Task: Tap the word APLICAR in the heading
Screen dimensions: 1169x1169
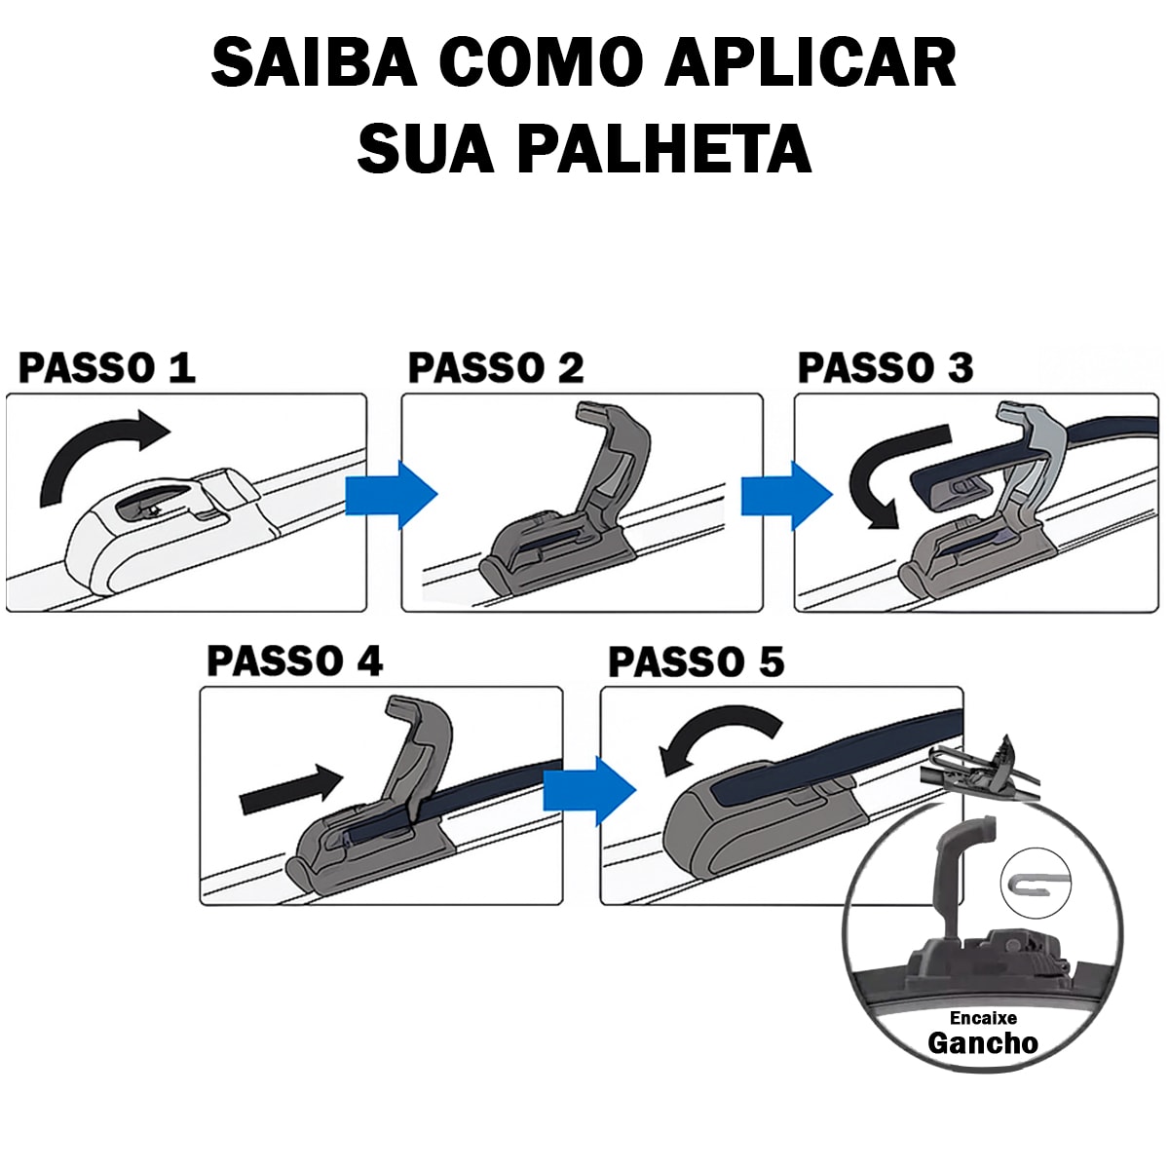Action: coord(811,63)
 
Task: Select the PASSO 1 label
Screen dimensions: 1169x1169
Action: coord(107,367)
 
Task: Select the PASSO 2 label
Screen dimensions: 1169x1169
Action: coord(496,367)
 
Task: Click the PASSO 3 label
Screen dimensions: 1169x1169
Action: coord(885,367)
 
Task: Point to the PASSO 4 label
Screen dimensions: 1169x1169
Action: coord(294,661)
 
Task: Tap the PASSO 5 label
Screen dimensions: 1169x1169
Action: coord(696,662)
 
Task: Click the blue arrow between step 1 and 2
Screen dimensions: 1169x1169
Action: coord(392,495)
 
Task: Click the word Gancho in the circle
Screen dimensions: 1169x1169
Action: coord(982,1042)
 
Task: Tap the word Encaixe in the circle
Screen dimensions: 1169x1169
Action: coord(982,1017)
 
